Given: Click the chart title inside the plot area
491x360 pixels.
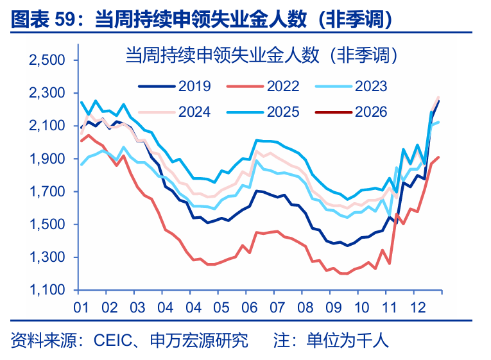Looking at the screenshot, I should pyautogui.click(x=262, y=56).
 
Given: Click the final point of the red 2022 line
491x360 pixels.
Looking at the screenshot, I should pyautogui.click(x=438, y=157).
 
